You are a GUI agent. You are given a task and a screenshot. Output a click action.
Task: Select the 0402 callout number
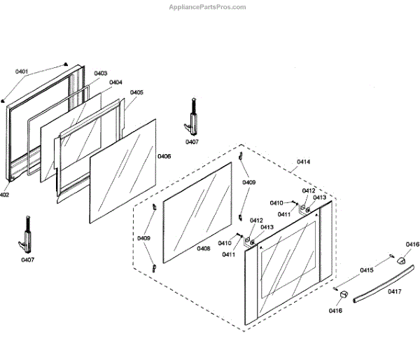pyautogui.click(x=4, y=195)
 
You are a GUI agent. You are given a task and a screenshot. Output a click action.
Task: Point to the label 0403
pyautogui.click(x=100, y=73)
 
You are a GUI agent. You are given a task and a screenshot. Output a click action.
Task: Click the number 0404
pyautogui.click(x=115, y=82)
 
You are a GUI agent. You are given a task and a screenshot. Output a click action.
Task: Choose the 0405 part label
pyautogui.click(x=136, y=92)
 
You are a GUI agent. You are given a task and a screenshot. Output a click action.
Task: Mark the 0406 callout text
pyautogui.click(x=164, y=155)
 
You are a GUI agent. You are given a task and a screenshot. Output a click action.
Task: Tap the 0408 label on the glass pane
pyautogui.click(x=204, y=248)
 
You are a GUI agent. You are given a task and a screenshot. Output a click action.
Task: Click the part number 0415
pyautogui.click(x=367, y=270)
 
